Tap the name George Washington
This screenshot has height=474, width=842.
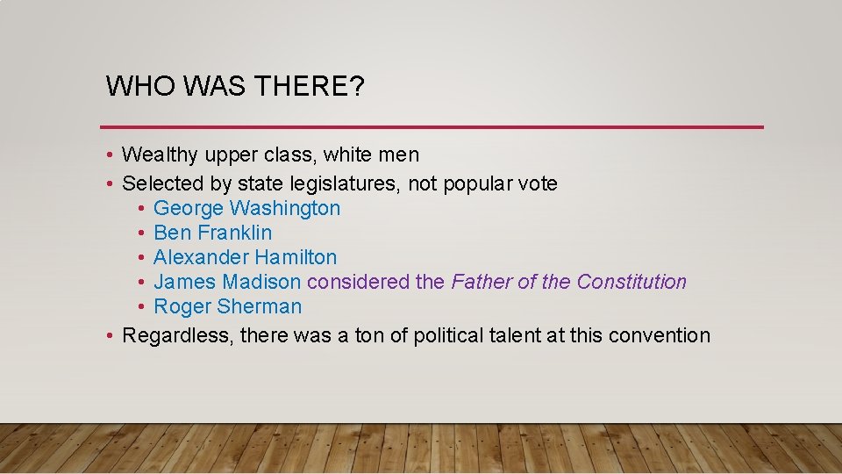(246, 208)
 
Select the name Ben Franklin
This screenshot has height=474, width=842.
(212, 233)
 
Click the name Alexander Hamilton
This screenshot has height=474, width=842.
(245, 257)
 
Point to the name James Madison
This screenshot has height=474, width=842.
(227, 282)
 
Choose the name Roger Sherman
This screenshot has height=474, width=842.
(227, 306)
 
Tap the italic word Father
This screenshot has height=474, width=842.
(479, 282)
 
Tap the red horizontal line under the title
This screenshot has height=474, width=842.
(432, 127)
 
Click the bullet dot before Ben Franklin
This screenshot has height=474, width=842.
(141, 233)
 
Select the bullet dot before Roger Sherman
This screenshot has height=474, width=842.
(141, 307)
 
